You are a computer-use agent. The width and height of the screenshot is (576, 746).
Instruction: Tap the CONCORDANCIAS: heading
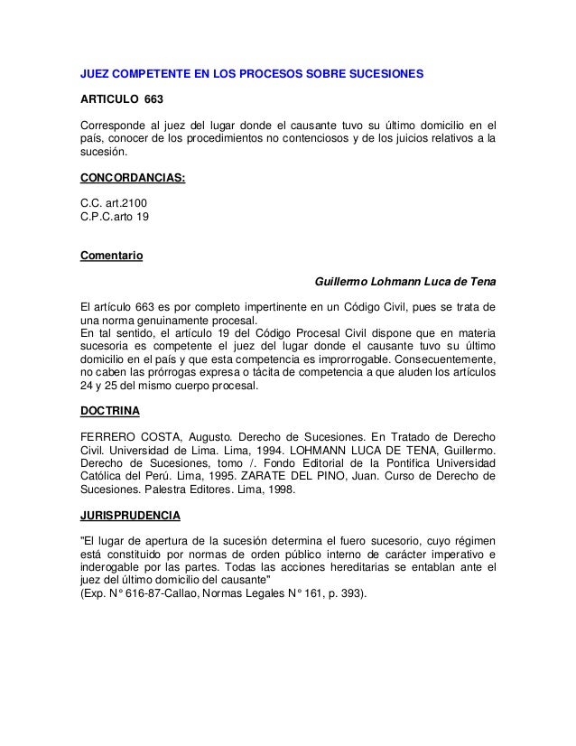[x=133, y=179]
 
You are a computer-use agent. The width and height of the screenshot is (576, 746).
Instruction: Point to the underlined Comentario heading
[x=112, y=255]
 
